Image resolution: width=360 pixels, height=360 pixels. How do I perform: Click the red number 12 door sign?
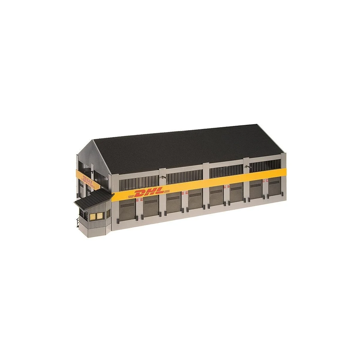tap(138, 200)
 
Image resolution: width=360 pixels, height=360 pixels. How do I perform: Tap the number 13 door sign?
tap(142, 199)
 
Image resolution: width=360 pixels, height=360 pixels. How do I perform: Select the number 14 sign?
tap(183, 193)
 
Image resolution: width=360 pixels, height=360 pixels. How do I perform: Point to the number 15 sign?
tap(187, 193)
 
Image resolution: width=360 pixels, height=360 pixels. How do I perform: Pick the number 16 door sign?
tap(225, 187)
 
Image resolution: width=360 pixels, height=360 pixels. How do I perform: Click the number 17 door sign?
tap(228, 186)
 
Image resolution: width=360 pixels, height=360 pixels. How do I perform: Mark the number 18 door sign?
tap(264, 181)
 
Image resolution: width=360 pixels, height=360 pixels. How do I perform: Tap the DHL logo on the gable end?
tap(87, 180)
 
